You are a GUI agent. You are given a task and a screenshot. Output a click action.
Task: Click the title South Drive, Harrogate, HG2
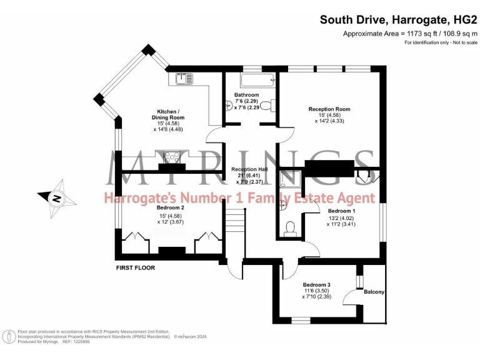pos(398,19)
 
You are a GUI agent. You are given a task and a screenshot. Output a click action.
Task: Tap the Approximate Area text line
pos(410,34)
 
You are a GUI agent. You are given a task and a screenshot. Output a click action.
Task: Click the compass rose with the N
pos(56,198)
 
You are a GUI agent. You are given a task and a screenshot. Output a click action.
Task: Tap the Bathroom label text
pos(246,95)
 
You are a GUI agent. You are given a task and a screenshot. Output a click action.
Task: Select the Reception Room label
pos(329,109)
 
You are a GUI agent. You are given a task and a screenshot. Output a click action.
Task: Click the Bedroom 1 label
pos(341,211)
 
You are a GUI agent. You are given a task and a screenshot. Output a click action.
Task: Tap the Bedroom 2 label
pos(170,207)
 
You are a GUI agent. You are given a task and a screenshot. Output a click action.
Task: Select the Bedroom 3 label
pos(316,285)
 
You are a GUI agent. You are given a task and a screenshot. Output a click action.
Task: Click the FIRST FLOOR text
pos(136,267)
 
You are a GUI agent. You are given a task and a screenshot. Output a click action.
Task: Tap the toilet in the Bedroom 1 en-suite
pos(290,229)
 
